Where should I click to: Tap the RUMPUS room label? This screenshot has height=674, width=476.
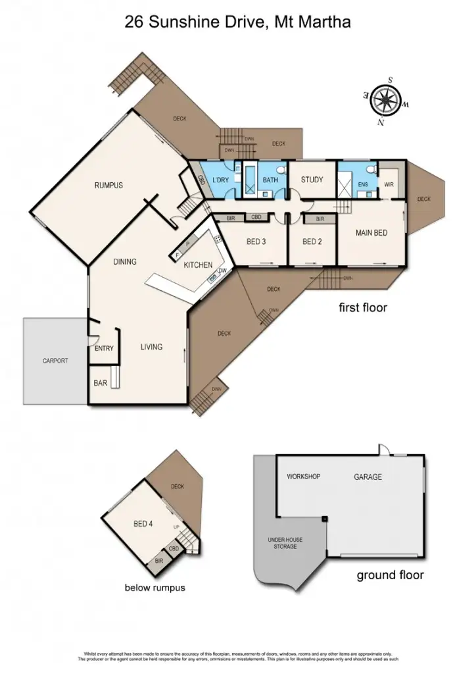[x=108, y=186]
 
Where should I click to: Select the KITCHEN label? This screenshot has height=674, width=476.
[x=197, y=265]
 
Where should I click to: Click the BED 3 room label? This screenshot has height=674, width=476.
[x=256, y=242]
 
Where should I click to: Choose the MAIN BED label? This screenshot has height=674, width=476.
[x=371, y=232]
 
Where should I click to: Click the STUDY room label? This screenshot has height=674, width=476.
[x=312, y=180]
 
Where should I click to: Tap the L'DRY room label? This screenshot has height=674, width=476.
[x=220, y=180]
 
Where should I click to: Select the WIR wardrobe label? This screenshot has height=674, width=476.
[x=389, y=185]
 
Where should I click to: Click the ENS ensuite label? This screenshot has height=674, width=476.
[x=362, y=185]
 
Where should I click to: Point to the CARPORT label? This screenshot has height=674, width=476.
[x=55, y=361]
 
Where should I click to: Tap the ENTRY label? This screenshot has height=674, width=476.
[x=105, y=349]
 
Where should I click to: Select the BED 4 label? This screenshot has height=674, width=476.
[x=143, y=524]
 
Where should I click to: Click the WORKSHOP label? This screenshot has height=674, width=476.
[x=303, y=477]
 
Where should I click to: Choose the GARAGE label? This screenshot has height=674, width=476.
[x=368, y=477]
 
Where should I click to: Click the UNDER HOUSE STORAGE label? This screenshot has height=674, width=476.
[x=285, y=544]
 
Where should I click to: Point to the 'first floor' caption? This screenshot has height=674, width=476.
[x=362, y=307]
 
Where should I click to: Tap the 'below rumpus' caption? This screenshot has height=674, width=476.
[x=155, y=588]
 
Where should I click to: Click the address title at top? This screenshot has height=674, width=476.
[x=237, y=22]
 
